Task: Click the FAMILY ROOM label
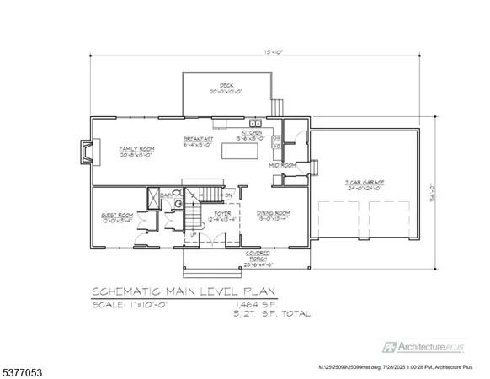click(134, 151)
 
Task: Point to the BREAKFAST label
click(198, 141)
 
